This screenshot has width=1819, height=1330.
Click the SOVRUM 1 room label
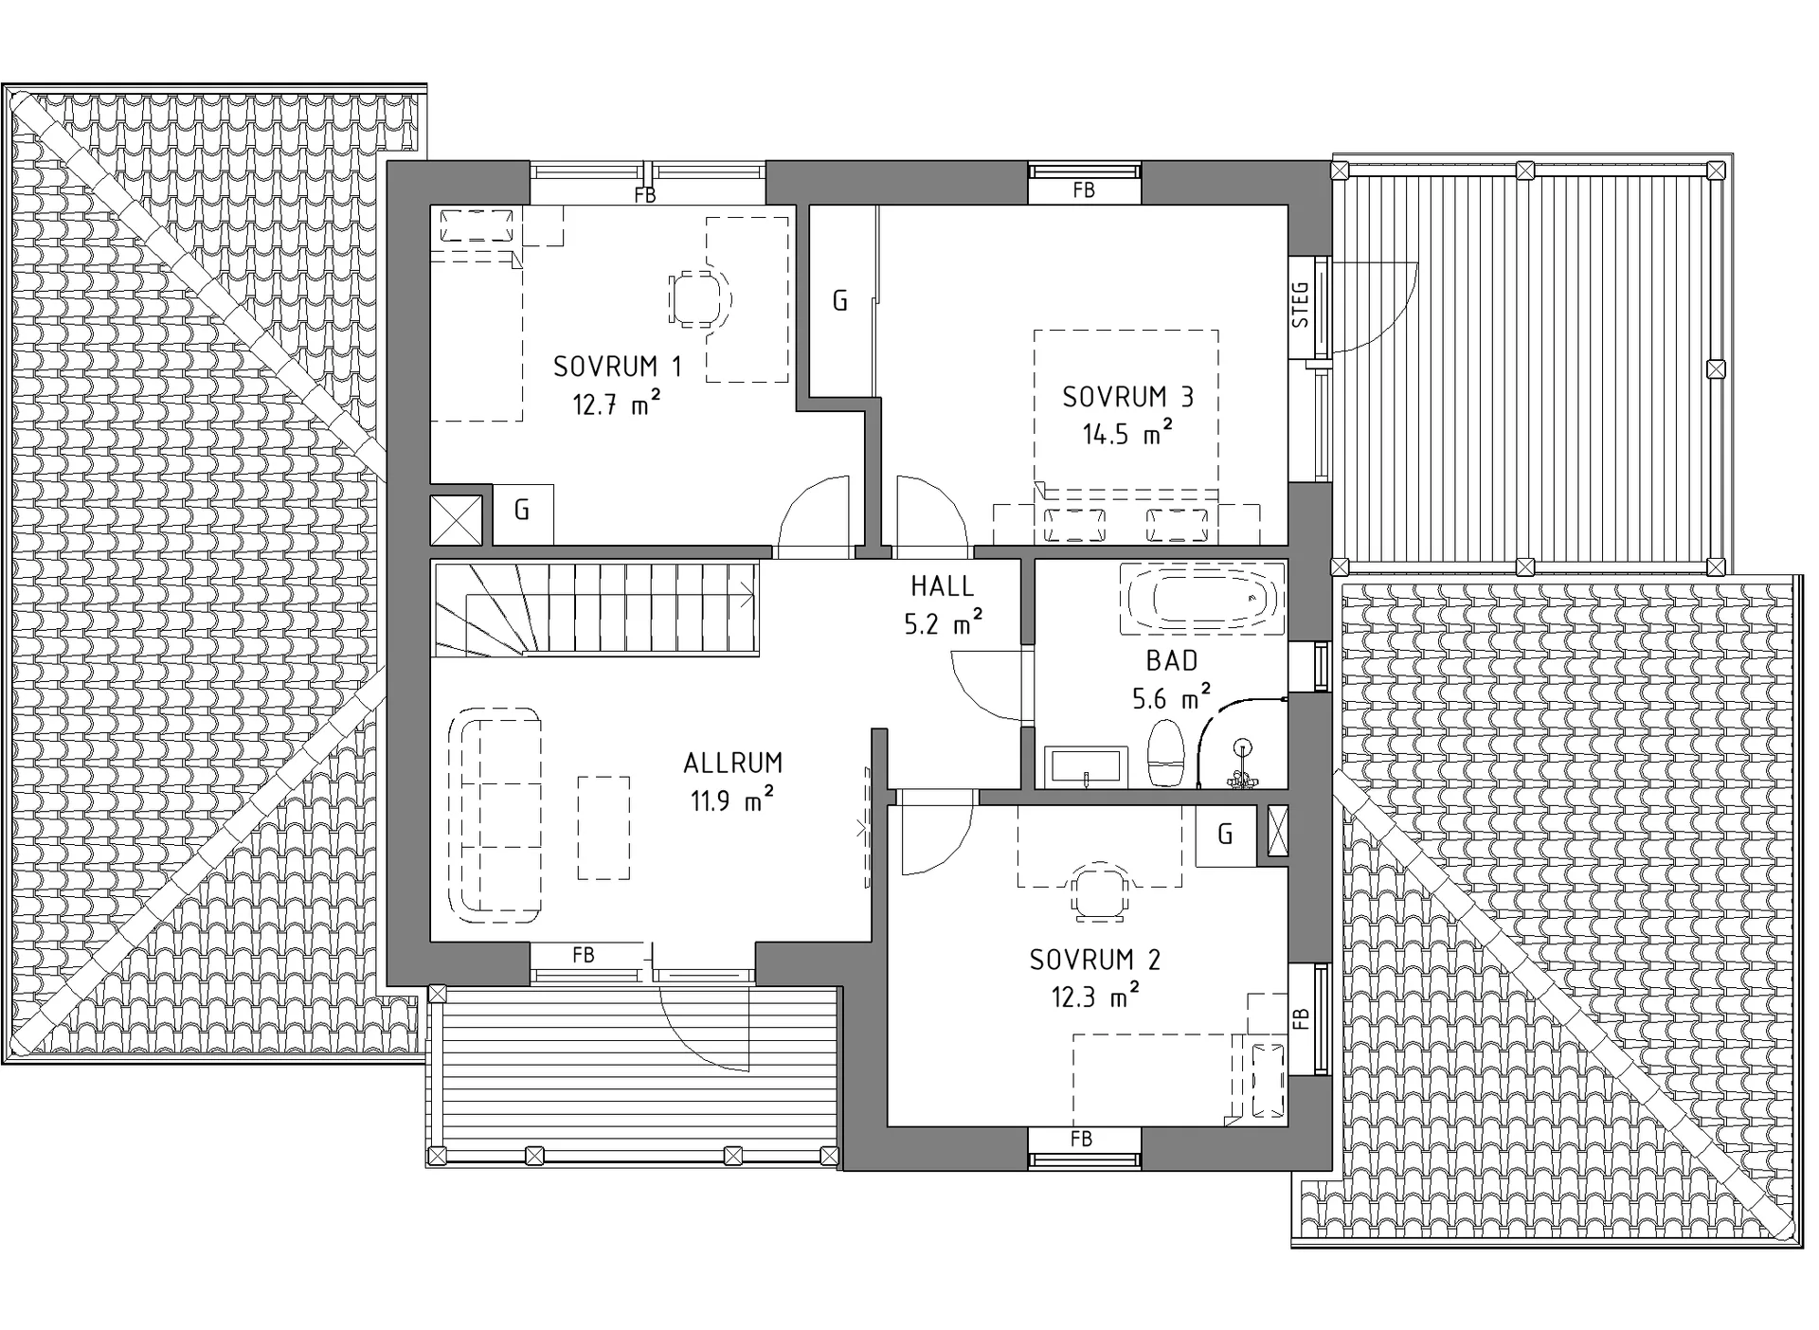(617, 367)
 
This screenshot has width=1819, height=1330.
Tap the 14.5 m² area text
(1127, 434)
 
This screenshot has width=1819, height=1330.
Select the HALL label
(942, 586)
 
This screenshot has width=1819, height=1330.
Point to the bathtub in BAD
(1202, 599)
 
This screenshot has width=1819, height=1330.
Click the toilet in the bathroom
(1166, 753)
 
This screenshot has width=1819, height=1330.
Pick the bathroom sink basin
(1086, 766)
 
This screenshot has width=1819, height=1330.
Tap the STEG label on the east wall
(1301, 304)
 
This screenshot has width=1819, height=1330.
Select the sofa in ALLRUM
(494, 815)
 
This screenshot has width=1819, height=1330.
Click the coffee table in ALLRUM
(604, 828)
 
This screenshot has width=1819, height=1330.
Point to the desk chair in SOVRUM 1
(700, 299)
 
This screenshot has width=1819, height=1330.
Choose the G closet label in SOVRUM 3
(839, 301)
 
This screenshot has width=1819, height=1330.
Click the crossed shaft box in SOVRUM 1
(456, 520)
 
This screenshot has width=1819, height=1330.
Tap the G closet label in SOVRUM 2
(1225, 834)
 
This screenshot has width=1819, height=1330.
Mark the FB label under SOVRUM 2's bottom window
(1081, 1139)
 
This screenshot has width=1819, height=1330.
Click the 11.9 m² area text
(731, 800)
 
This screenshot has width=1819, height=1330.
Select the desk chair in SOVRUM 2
(1099, 891)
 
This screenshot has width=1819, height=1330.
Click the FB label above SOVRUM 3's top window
(1084, 190)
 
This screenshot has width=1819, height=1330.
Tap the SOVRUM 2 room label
(1094, 960)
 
